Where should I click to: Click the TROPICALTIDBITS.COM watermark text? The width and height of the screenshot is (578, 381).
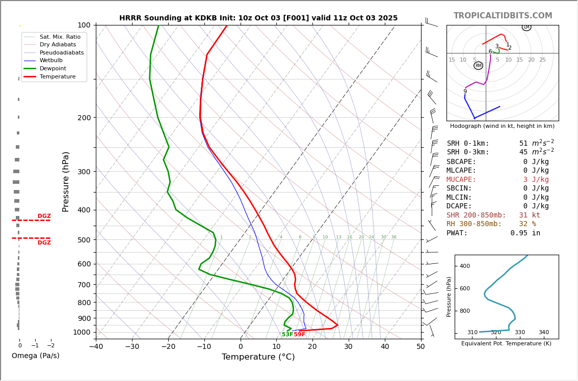point(503,16)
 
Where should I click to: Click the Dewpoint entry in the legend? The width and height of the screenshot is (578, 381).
point(53,68)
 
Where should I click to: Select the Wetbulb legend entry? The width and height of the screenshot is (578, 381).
point(54,61)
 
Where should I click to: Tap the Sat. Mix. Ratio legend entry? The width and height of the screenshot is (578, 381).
point(60,37)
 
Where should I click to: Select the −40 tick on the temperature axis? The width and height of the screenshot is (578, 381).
point(96,347)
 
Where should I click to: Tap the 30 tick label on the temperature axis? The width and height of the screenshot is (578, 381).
point(348,347)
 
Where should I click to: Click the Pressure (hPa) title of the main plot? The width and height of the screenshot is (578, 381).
point(66,181)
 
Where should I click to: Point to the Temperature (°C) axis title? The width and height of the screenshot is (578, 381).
point(258,357)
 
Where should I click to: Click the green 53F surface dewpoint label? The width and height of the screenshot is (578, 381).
point(287,335)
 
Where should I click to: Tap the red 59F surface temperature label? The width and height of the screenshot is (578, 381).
point(300,335)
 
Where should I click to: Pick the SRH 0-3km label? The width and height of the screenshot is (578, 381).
point(467,152)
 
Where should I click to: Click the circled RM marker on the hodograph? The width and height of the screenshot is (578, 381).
point(478,66)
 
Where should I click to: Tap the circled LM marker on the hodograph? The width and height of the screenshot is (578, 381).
point(527,27)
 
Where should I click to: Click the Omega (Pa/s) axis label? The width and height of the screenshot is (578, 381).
point(35,356)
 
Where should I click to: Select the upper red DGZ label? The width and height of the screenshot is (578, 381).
point(44,216)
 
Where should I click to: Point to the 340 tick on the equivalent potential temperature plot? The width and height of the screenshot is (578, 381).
point(543,333)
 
